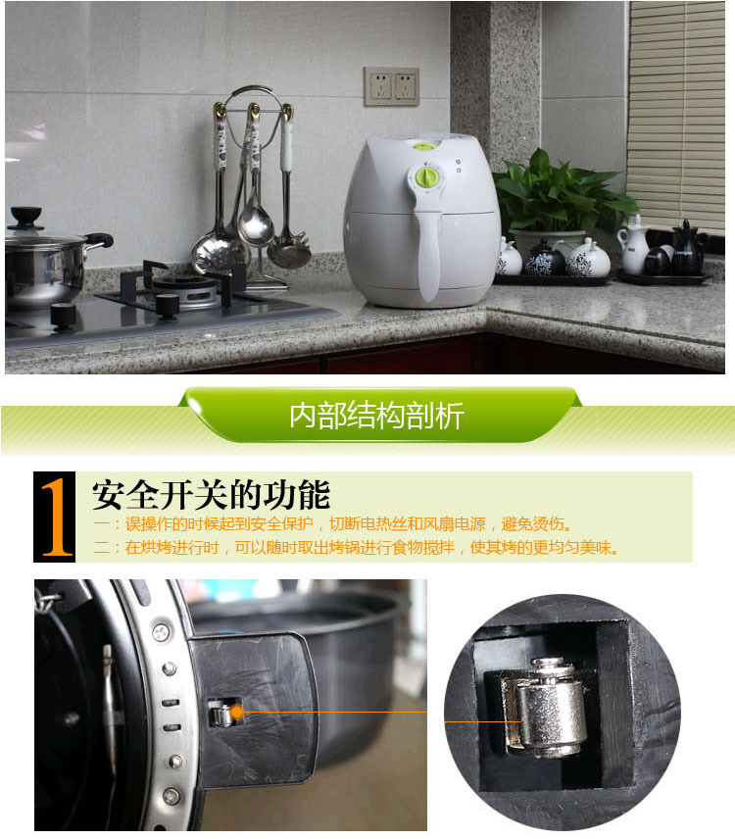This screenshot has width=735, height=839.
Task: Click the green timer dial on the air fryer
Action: click(x=426, y=177)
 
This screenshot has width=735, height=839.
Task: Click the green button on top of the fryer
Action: click(x=422, y=146)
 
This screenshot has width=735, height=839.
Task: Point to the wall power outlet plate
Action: click(x=391, y=86)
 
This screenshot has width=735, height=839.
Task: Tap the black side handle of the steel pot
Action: click(x=99, y=239)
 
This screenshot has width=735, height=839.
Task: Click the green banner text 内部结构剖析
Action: click(x=376, y=416)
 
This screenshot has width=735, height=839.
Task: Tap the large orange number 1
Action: click(x=57, y=518)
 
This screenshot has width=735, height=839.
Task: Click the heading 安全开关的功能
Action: click(x=211, y=493)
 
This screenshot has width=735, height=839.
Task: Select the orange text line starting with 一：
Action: click(x=334, y=524)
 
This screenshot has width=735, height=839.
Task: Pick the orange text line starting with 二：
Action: click(x=358, y=548)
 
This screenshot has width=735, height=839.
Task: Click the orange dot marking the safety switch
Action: click(x=236, y=711)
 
